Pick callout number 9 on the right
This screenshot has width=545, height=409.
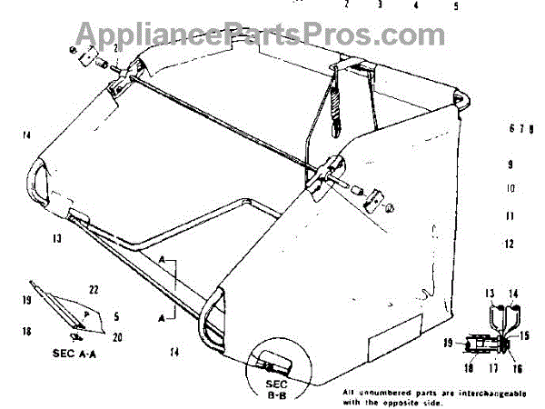point(510,165)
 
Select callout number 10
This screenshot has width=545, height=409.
point(510,189)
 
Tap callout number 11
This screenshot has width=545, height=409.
point(510,216)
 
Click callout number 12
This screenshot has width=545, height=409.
point(510,244)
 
